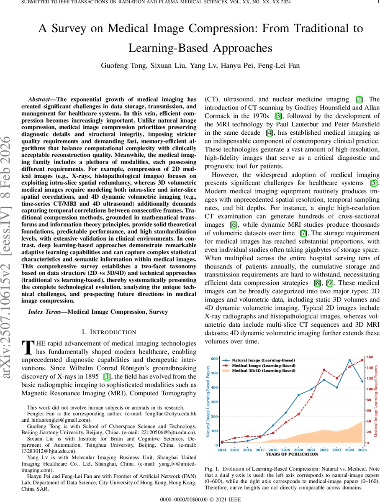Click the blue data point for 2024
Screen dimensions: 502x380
[x=350, y=360]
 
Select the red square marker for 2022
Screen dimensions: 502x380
[x=324, y=370]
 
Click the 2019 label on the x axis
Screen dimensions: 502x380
[x=285, y=450]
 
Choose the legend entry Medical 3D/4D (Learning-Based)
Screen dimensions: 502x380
[x=264, y=371]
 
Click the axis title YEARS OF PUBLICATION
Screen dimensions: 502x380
[x=292, y=454]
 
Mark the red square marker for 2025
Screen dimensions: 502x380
[x=362, y=360]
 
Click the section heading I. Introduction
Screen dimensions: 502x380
[x=109, y=332]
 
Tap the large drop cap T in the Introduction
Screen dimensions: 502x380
[x=28, y=348]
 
